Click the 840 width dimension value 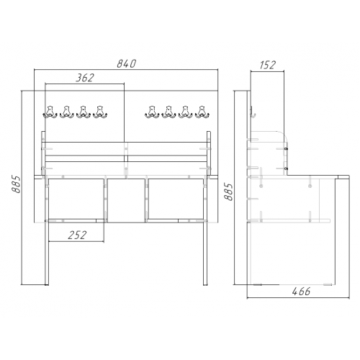click(x=127, y=63)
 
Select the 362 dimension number click(x=85, y=78)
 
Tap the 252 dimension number click(x=77, y=235)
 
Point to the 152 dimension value click(x=267, y=65)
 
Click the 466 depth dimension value click(x=301, y=292)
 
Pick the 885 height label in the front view click(x=16, y=184)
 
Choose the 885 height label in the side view click(x=228, y=192)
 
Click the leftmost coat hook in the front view click(x=50, y=112)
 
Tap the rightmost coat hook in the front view click(x=202, y=112)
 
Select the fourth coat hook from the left click(x=100, y=112)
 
